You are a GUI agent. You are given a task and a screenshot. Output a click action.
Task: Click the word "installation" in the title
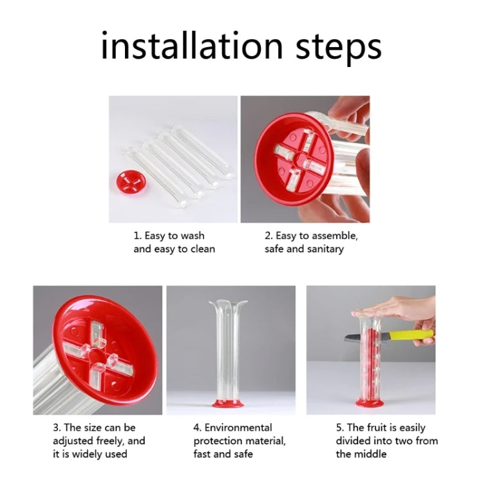tap(192, 45)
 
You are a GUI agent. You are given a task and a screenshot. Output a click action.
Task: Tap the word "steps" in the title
tap(339, 48)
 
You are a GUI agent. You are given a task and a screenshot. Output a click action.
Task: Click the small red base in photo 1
tap(131, 182)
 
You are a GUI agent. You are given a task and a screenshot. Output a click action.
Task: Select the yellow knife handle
tap(412, 336)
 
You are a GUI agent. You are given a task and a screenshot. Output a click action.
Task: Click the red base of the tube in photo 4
tap(228, 403)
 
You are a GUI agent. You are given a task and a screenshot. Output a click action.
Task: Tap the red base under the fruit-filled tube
tap(370, 402)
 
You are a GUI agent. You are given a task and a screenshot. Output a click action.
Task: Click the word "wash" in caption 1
tap(193, 236)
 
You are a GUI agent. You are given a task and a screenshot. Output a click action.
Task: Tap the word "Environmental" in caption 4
tap(238, 428)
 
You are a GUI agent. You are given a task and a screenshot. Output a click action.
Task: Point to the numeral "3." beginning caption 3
tap(57, 428)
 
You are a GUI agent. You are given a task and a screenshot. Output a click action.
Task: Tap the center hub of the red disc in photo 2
tap(299, 158)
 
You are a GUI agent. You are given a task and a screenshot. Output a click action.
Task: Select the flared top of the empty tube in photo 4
tap(228, 305)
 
